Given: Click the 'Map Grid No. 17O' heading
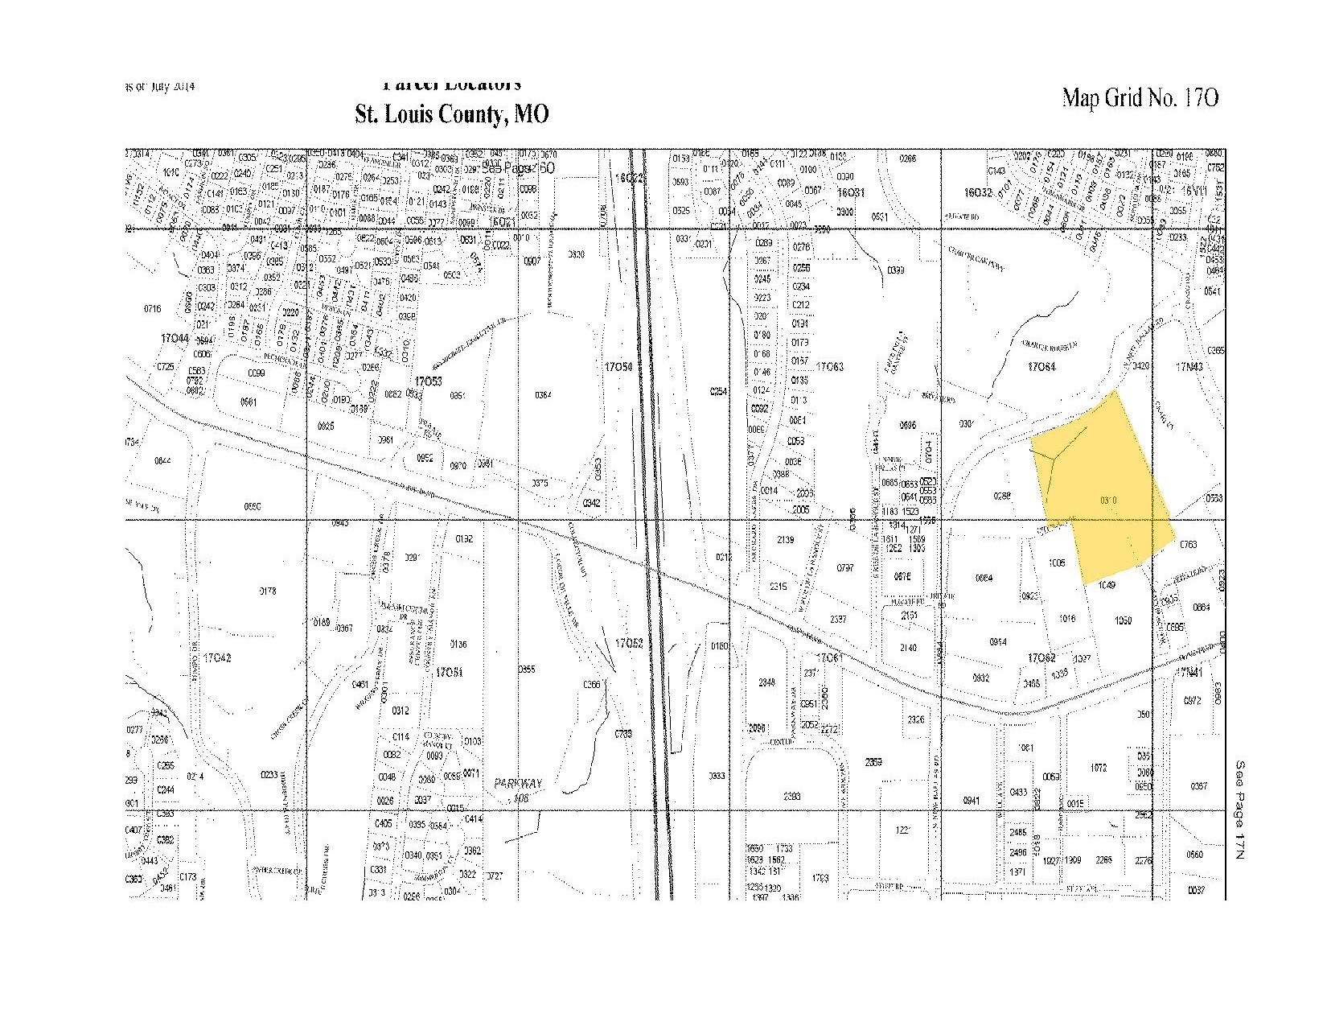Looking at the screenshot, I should click(1140, 98).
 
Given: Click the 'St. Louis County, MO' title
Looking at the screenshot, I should click(452, 113).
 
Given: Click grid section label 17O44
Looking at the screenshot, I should click(174, 340).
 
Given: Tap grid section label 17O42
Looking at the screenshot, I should click(217, 657).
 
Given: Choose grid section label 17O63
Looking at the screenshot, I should click(829, 367).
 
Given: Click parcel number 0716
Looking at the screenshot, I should click(152, 308).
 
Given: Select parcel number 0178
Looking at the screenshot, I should click(268, 591).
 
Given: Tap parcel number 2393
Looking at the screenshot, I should click(791, 796).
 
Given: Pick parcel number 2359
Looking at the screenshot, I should click(873, 761).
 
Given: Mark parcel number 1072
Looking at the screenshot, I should click(1098, 768).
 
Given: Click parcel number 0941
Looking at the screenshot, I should click(972, 801).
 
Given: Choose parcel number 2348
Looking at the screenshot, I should click(766, 682).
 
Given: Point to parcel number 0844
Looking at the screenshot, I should click(162, 460).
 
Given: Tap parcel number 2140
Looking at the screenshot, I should click(909, 647).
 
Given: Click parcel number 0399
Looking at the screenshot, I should click(896, 270).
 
